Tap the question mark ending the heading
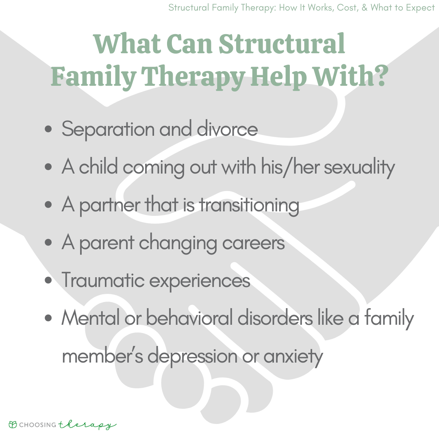point(378,76)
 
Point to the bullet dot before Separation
point(49,130)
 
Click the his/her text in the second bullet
point(285,167)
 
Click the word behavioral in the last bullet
point(189,318)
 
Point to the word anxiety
point(293,356)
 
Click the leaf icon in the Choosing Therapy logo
point(13,425)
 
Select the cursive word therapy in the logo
point(87,425)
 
